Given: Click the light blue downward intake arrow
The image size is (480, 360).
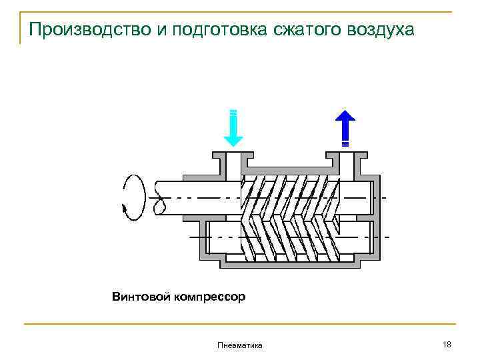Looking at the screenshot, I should coord(233,127).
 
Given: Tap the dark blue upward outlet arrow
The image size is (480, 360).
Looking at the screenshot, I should coord(345,127).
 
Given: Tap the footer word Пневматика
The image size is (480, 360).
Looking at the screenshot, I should coord(239,345).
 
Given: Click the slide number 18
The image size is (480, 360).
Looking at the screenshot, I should coord(447,344).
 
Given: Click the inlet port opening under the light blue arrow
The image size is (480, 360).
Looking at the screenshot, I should coord(233,162).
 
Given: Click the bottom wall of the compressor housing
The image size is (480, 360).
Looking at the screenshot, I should coord(290,265).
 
